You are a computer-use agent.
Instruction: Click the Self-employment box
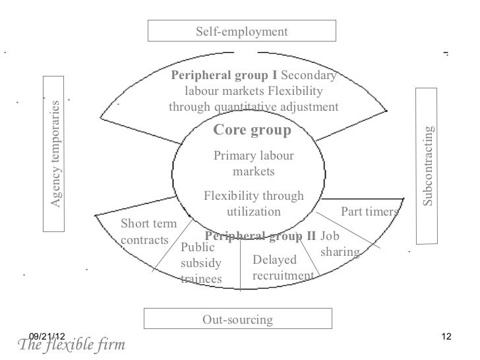[x=241, y=31]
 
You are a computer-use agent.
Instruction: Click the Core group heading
[x=252, y=131]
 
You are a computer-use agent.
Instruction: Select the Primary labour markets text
[x=254, y=164]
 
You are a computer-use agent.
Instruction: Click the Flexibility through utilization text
[x=254, y=204]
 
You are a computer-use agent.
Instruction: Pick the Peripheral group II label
[x=260, y=236]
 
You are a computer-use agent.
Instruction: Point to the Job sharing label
[x=339, y=244]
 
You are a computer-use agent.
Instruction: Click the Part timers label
[x=369, y=212]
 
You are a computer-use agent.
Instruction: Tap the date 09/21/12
[x=47, y=338]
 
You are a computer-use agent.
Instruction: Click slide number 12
[x=446, y=338]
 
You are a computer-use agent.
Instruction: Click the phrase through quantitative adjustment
[x=254, y=107]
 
